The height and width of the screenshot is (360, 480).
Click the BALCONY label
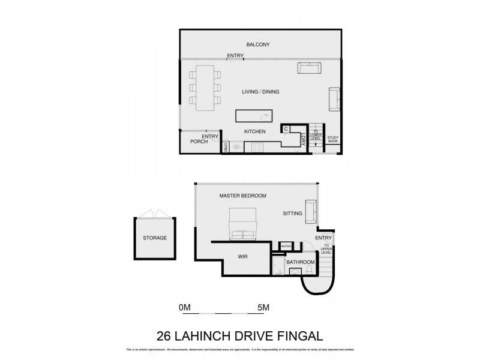258,45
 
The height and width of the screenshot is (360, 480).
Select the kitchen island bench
253,115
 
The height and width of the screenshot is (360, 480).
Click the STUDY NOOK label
333,140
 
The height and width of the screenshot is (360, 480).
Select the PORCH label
199,142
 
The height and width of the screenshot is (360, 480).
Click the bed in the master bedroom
242,224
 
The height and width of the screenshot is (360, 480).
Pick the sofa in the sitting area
311,211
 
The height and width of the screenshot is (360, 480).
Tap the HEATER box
285,245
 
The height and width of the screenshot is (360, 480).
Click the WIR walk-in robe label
243,257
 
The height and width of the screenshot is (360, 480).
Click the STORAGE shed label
154,238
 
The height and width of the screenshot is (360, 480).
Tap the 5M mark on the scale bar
262,308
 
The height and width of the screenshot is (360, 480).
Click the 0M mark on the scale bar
185,308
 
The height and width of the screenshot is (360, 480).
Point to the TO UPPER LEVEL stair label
326,249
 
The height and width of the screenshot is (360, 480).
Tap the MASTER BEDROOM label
242,196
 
